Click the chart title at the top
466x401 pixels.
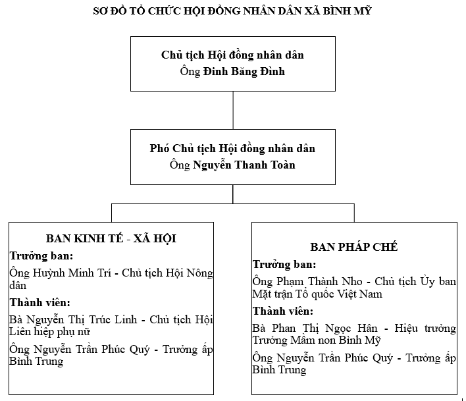point(232,11)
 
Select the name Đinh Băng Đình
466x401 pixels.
point(244,71)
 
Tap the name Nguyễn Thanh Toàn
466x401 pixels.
point(244,165)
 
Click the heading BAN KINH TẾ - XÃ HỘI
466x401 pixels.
point(111,238)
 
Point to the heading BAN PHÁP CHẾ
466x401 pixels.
point(354,247)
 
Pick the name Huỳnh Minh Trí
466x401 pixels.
point(72,273)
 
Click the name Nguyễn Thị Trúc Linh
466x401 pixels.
point(82,319)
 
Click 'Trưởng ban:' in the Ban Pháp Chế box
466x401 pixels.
point(284,264)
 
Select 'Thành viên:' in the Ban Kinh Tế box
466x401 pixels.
point(40,303)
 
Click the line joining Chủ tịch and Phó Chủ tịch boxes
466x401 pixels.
point(233,110)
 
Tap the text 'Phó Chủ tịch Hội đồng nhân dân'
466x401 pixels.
point(232,148)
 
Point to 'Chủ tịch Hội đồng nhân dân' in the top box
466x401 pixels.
point(232,55)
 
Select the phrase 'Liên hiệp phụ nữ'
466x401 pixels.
point(49,331)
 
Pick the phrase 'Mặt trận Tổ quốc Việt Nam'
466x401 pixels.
point(317,294)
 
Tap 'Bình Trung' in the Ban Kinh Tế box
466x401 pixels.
point(36,361)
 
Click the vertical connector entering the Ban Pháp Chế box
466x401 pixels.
point(354,213)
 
